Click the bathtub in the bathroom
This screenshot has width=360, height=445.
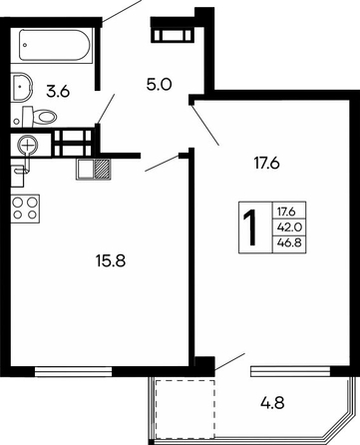pos(54,45)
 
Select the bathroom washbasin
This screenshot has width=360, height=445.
pos(21,87)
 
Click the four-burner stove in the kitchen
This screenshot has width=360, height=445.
pos(25,209)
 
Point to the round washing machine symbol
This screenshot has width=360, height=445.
pos(29,146)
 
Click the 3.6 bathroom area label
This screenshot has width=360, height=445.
pos(58,91)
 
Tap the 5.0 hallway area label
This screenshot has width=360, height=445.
pos(159,85)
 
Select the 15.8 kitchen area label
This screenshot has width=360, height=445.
pos(111,260)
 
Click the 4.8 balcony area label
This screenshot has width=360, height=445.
pos(272,404)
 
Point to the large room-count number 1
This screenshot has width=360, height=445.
pos(251,228)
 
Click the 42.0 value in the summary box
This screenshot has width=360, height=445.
pos(289,227)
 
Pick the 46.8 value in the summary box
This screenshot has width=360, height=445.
pos(289,242)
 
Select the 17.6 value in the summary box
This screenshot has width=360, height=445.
pos(286,212)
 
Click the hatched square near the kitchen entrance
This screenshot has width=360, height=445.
pos(103,170)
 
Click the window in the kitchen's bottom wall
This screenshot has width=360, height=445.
pos(74,371)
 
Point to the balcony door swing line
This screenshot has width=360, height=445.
pos(230,361)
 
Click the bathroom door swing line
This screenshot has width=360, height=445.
pos(106,109)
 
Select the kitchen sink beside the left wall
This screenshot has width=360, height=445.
pos(19,173)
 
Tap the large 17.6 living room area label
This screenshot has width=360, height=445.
pos(267,164)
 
